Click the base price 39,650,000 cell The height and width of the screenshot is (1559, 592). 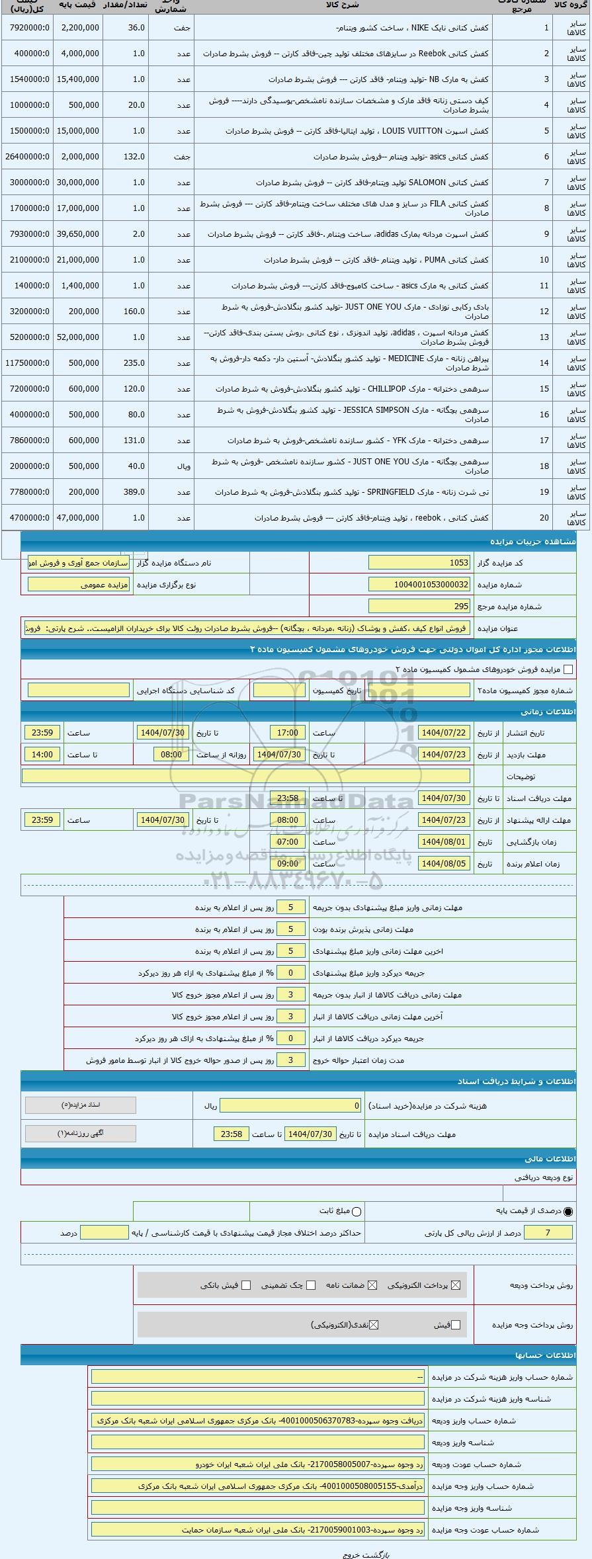(79, 234)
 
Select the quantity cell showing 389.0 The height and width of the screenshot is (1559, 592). (136, 492)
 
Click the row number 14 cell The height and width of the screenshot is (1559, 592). (544, 363)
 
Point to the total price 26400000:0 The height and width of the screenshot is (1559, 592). (27, 157)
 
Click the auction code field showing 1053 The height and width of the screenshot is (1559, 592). (419, 563)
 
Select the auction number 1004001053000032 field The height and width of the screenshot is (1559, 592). (419, 585)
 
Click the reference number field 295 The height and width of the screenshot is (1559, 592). (419, 606)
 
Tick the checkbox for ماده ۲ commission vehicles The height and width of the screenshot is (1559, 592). (568, 669)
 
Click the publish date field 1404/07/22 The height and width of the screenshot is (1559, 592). (444, 733)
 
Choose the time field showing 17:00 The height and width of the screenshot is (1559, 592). (287, 733)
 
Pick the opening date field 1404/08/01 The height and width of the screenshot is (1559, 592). (444, 842)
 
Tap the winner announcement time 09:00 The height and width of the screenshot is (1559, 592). (287, 864)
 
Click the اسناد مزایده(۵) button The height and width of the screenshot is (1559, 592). (80, 1105)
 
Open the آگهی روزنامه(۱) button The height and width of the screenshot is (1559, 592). (80, 1134)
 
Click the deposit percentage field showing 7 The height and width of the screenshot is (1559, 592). (547, 1232)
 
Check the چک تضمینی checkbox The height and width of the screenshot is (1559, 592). (311, 1285)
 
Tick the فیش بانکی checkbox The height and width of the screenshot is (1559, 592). (246, 1285)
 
